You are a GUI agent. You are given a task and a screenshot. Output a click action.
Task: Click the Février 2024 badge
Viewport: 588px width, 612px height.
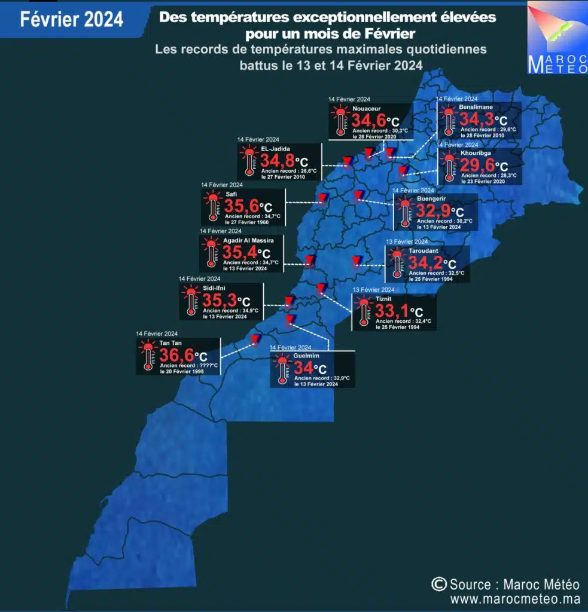[72, 19]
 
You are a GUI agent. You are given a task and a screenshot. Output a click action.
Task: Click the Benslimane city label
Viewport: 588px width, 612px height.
[476, 108]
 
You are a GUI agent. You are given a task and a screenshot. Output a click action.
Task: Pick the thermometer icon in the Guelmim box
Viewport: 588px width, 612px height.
[282, 370]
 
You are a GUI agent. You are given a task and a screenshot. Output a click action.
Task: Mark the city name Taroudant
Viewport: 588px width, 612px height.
[424, 252]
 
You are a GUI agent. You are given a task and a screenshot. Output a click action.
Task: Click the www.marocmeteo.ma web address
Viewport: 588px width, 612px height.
[515, 599]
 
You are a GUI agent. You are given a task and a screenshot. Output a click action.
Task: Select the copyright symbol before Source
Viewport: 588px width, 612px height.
[439, 584]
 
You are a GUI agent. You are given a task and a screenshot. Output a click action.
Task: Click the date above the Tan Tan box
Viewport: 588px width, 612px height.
[157, 333]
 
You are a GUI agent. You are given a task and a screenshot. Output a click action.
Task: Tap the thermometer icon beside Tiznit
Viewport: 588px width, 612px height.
[363, 312]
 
